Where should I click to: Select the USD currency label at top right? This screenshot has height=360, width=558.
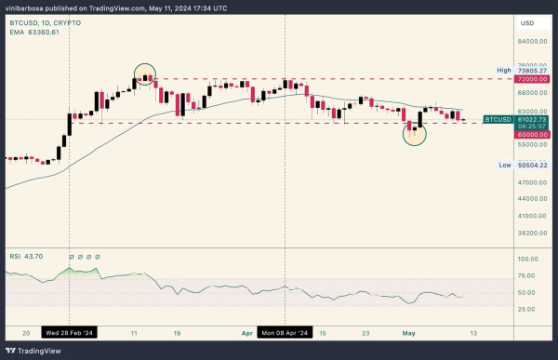click(x=527, y=22)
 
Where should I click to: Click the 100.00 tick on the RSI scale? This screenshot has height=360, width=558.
click(x=528, y=260)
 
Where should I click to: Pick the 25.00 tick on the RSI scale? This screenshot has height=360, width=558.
click(x=528, y=309)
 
